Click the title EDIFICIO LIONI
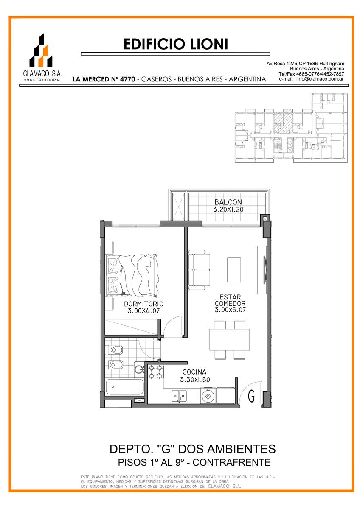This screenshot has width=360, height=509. pyautogui.click(x=176, y=44)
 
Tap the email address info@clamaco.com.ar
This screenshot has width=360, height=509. pyautogui.click(x=320, y=79)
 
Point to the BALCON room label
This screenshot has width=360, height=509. pyautogui.click(x=228, y=202)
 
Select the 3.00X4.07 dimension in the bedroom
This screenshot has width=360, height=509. pyautogui.click(x=143, y=311)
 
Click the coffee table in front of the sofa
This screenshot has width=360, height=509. pyautogui.click(x=234, y=270)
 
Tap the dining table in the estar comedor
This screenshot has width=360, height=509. pyautogui.click(x=230, y=339)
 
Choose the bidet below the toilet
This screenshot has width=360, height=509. pyautogui.click(x=115, y=365)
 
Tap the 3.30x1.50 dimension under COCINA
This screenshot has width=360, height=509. pyautogui.click(x=195, y=380)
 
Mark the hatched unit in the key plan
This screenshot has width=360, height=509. pyautogui.click(x=283, y=122)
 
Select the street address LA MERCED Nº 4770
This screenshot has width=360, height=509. pyautogui.click(x=104, y=79)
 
